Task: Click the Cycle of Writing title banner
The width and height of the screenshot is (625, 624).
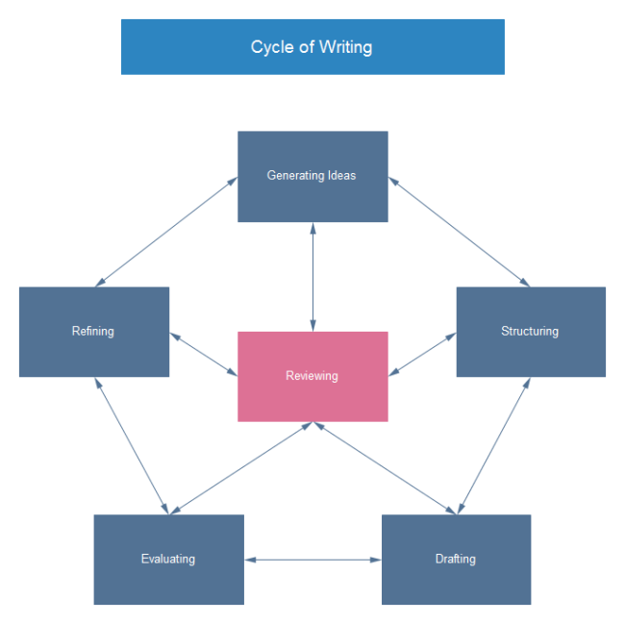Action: pos(312,47)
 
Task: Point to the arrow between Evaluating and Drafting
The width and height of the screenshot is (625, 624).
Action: pos(312,560)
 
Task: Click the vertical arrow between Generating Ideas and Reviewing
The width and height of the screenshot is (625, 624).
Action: pos(312,277)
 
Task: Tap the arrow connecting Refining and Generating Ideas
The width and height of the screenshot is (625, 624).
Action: pos(166,232)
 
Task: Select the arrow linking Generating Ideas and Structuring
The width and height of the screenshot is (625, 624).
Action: pos(459,232)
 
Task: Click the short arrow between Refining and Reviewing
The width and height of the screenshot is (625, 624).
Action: pos(204,354)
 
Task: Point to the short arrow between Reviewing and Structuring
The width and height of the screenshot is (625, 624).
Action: pos(422,354)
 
